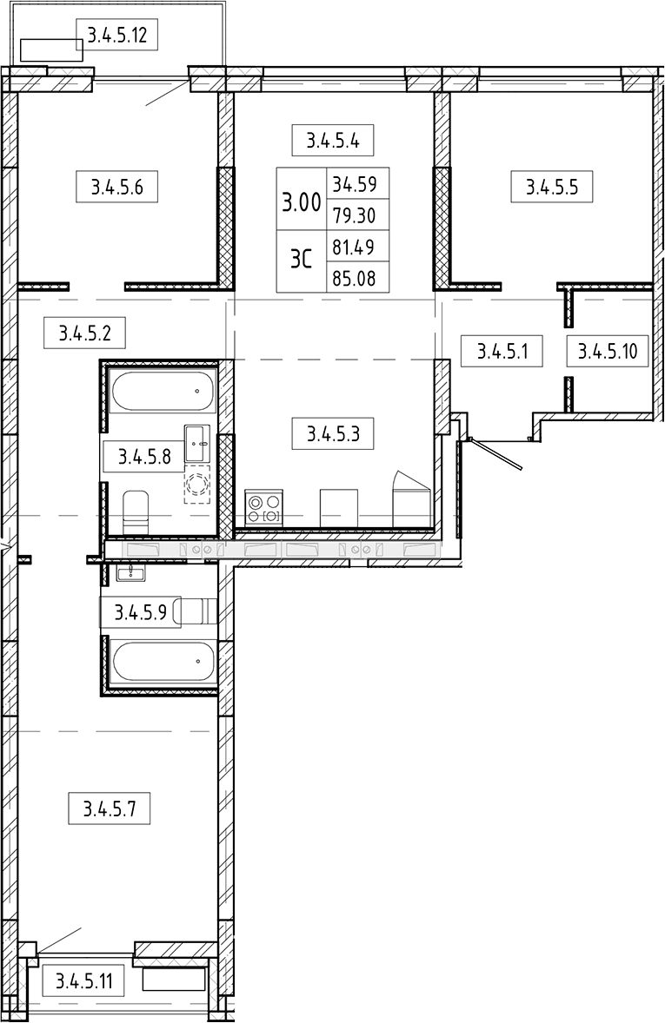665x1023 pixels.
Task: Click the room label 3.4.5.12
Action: pyautogui.click(x=117, y=36)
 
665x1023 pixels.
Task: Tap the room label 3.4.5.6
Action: pyautogui.click(x=117, y=187)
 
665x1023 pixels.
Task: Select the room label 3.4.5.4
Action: pyautogui.click(x=333, y=140)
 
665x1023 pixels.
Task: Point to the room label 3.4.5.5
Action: pyautogui.click(x=552, y=187)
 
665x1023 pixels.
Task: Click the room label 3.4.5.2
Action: pyautogui.click(x=85, y=333)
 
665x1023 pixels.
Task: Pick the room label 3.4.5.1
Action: pyautogui.click(x=502, y=351)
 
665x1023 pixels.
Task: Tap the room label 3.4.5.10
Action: pyautogui.click(x=608, y=351)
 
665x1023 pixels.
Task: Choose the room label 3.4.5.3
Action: pyautogui.click(x=333, y=432)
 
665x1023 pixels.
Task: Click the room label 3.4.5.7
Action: pyautogui.click(x=109, y=809)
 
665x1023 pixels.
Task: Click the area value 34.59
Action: pyautogui.click(x=355, y=183)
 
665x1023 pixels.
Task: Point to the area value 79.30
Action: pyautogui.click(x=355, y=214)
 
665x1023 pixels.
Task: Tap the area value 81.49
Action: pyautogui.click(x=355, y=247)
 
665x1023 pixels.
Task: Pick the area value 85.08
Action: pyautogui.click(x=355, y=278)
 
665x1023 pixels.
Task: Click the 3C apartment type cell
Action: pyautogui.click(x=301, y=261)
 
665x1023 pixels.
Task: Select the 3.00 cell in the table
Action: pyautogui.click(x=301, y=200)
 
